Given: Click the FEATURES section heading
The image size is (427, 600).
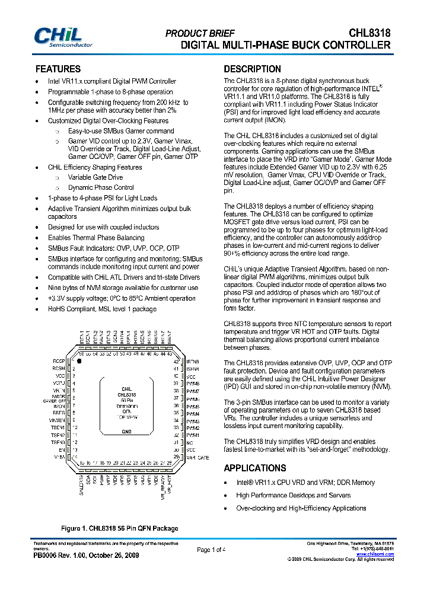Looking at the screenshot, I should (58, 69).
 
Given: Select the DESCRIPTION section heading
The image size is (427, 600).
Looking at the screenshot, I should (252, 69).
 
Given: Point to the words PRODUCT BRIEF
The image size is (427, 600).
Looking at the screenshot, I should (200, 34).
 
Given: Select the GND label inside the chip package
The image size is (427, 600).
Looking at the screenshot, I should (126, 432).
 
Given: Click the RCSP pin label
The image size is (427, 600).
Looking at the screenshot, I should (58, 361).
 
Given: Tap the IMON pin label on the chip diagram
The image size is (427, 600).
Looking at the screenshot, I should (59, 406).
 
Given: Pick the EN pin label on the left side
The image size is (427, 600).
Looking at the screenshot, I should (62, 450).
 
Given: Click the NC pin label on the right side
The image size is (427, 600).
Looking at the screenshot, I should (190, 442).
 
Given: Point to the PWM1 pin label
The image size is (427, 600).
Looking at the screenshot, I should (193, 435).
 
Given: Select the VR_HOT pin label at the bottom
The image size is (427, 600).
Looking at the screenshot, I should (169, 486).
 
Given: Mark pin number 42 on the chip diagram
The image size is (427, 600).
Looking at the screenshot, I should (176, 361).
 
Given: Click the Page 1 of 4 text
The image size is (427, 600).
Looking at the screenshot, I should (211, 550).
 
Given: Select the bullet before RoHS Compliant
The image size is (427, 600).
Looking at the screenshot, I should (37, 309).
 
